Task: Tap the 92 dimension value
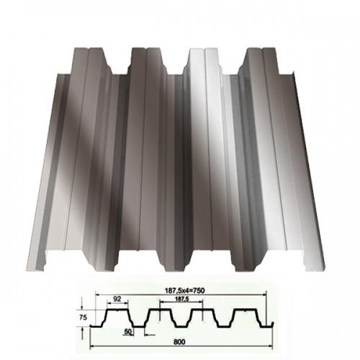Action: click(x=117, y=299)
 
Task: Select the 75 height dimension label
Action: click(x=83, y=318)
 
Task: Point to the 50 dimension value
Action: click(x=128, y=331)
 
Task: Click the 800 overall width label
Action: click(x=179, y=341)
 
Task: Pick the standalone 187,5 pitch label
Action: click(x=181, y=299)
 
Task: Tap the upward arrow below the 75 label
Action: click(x=82, y=333)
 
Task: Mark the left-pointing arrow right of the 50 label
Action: click(x=150, y=335)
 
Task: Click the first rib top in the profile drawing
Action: click(x=117, y=310)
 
